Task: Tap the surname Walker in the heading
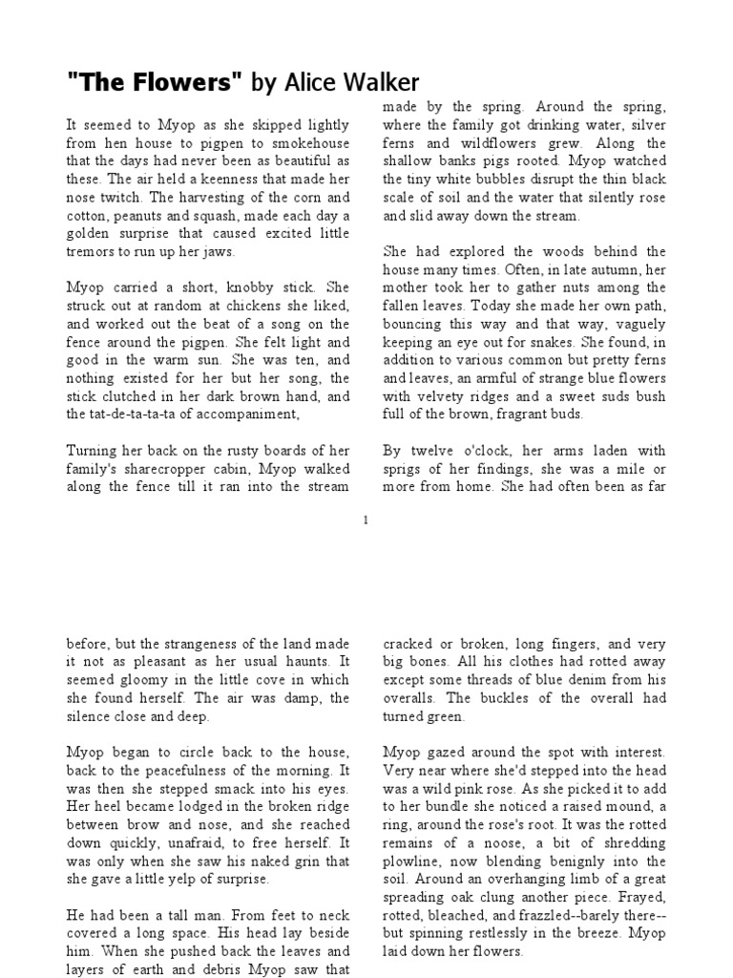385,82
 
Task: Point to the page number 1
366,519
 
